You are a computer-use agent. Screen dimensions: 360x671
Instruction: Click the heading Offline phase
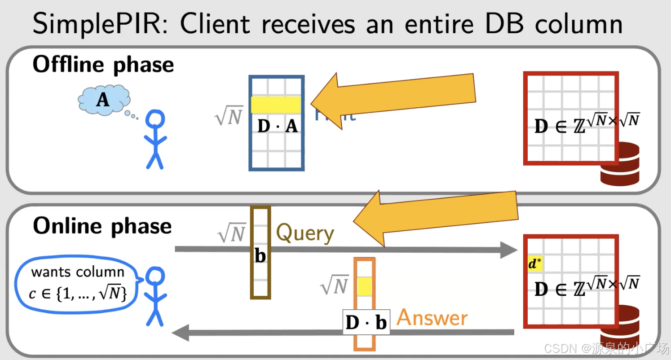(103, 65)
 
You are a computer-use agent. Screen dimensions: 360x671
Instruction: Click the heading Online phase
(102, 225)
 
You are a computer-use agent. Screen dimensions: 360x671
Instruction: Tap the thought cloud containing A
(104, 100)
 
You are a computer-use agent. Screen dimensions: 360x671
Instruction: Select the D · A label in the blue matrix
(278, 127)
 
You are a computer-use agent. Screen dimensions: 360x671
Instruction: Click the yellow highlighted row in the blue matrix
(276, 105)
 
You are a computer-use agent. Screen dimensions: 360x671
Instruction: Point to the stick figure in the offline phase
(155, 139)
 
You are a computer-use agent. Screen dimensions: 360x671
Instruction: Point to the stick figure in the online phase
(155, 296)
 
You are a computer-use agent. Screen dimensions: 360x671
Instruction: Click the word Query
(305, 233)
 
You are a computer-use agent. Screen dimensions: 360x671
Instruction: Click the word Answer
(432, 318)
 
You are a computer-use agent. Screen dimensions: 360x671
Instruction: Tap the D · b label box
(366, 322)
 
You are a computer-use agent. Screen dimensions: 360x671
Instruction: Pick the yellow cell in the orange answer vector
(364, 286)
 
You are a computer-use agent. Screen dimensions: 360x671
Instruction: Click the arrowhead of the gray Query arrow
(510, 249)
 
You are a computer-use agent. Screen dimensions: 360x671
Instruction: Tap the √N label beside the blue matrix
(229, 116)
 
